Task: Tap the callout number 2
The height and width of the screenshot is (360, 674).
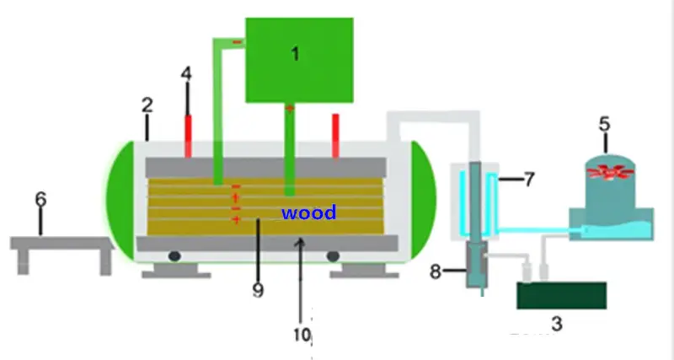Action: pyautogui.click(x=147, y=105)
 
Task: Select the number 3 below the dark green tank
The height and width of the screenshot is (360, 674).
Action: pyautogui.click(x=555, y=322)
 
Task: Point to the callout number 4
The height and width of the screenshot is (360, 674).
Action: pyautogui.click(x=186, y=73)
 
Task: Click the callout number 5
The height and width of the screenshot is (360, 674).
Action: pyautogui.click(x=604, y=123)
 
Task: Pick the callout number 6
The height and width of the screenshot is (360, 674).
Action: pyautogui.click(x=40, y=200)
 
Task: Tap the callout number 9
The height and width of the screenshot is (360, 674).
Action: pyautogui.click(x=258, y=290)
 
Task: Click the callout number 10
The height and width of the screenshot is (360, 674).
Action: pyautogui.click(x=302, y=334)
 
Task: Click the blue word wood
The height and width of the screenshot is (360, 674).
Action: pyautogui.click(x=308, y=212)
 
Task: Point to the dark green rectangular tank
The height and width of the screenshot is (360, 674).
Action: pyautogui.click(x=561, y=296)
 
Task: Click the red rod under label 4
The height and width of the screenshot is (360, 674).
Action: pyautogui.click(x=186, y=134)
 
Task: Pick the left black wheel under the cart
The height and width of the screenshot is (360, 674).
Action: pyautogui.click(x=175, y=255)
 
